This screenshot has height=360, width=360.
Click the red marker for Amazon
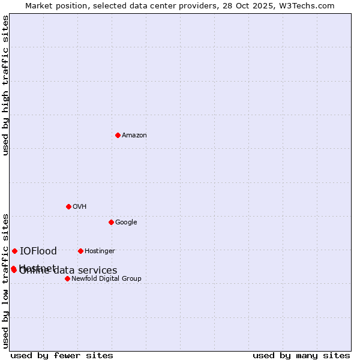coord(118,135)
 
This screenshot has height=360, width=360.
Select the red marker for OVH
coord(68,206)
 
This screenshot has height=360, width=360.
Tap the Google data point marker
coord(111,222)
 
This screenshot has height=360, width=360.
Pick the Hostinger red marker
coord(80,251)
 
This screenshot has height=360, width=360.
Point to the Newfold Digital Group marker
coord(67,278)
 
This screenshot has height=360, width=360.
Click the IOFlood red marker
coord(14,251)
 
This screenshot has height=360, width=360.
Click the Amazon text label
coord(134,136)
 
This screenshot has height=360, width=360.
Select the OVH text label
coord(80,207)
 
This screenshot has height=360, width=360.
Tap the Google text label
coord(126,223)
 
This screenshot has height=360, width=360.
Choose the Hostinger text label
coord(100,251)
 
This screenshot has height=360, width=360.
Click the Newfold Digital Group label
coord(106,279)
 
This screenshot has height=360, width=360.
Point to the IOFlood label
coord(38,251)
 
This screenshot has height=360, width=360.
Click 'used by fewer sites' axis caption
coord(62,356)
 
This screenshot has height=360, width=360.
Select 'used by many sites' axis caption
coord(301,356)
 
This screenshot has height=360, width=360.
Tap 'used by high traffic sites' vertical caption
coord(5,85)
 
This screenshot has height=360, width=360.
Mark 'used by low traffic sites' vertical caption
coord(5,280)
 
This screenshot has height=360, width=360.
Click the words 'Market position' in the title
coord(52,5)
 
